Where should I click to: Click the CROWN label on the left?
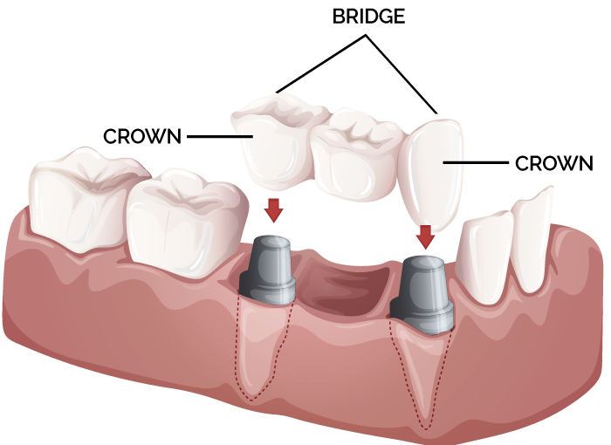[142, 137]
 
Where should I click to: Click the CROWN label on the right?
[554, 162]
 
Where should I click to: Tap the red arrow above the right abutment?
[426, 235]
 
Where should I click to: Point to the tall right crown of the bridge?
[433, 170]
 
